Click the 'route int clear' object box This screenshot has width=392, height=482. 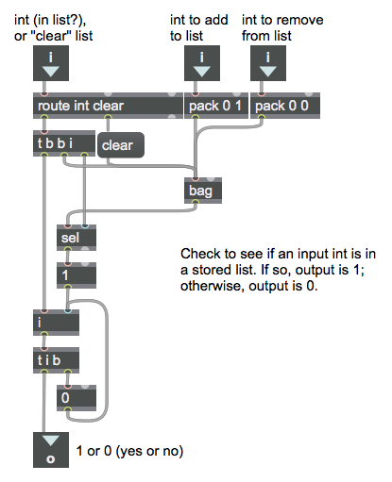pos(108,106)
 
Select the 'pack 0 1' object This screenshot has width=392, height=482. pos(216,106)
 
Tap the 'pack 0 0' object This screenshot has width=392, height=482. pos(285,106)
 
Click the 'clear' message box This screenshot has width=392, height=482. pos(121,145)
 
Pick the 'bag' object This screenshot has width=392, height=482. pos(203,191)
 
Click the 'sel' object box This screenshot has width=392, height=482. pos(77,238)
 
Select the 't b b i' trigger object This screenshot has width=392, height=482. pos(64,143)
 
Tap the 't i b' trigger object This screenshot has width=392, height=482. pos(56,360)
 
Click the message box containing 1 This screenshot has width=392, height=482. pos(77,275)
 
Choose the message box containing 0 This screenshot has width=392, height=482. pos(77,398)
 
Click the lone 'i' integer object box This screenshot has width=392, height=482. pos(56,323)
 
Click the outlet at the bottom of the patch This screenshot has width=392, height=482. pos(51,450)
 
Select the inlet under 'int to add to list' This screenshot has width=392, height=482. pos(202,63)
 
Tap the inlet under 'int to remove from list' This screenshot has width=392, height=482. pos(268,63)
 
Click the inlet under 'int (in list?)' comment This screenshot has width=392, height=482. pos(51,63)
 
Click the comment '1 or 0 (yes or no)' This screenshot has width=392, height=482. pos(129,451)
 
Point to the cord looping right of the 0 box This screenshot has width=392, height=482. pos(107,361)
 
